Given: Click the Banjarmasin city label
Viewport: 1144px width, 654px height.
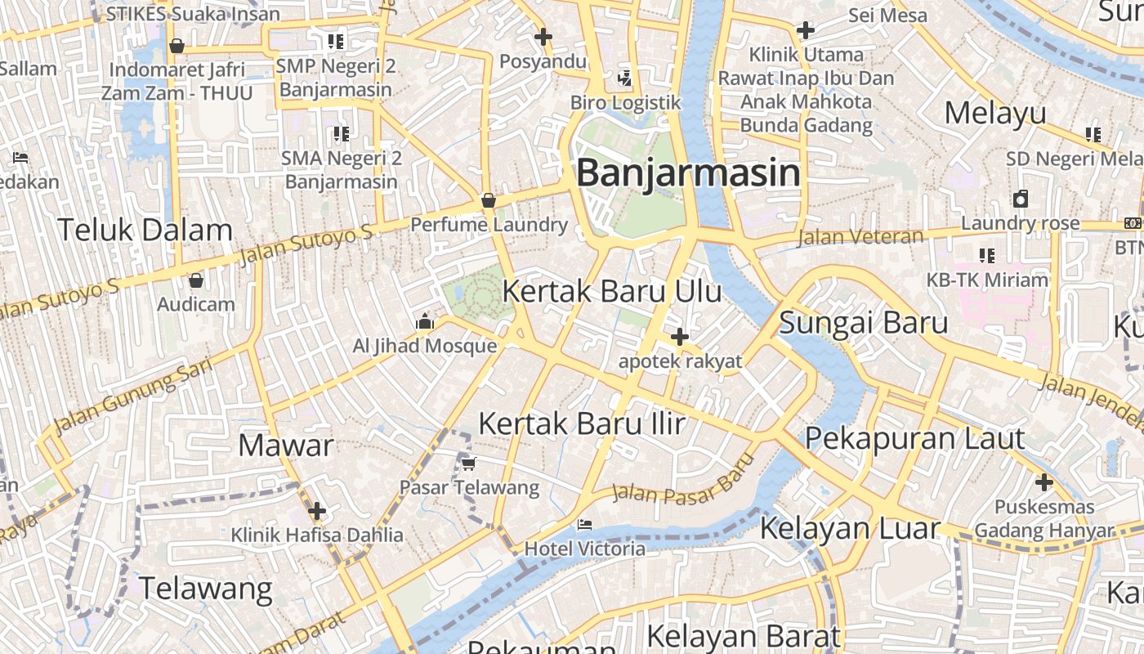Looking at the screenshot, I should click(688, 173).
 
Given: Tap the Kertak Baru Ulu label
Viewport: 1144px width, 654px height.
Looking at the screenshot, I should click(611, 291).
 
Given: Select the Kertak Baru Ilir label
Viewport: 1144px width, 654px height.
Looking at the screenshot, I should click(581, 423).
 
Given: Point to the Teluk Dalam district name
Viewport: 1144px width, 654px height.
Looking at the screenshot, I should click(145, 230).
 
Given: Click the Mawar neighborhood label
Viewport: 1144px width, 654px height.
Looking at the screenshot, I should click(286, 446).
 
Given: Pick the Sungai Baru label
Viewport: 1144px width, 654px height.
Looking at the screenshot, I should click(863, 322).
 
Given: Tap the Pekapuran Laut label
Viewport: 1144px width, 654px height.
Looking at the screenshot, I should click(914, 438).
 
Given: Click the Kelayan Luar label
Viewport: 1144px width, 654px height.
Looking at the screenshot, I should click(850, 528).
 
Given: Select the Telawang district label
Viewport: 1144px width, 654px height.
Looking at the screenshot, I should click(205, 588).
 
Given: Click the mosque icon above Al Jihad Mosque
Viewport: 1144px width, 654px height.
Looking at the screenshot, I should click(424, 322).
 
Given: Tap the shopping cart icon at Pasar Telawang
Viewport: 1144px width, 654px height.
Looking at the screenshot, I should click(468, 464).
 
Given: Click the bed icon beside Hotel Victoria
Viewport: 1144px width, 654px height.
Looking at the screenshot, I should click(584, 524).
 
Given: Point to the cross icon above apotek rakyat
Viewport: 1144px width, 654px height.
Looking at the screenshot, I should click(679, 337).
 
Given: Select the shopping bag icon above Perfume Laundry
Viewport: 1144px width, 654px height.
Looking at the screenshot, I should click(489, 200).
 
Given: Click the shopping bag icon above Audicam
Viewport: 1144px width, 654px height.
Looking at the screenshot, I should click(196, 280).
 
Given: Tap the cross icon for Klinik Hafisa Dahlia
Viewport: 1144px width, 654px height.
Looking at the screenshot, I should click(317, 512).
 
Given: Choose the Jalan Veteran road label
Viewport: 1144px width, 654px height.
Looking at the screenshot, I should click(860, 237).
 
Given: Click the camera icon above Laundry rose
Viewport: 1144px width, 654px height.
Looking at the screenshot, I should click(1021, 199).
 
